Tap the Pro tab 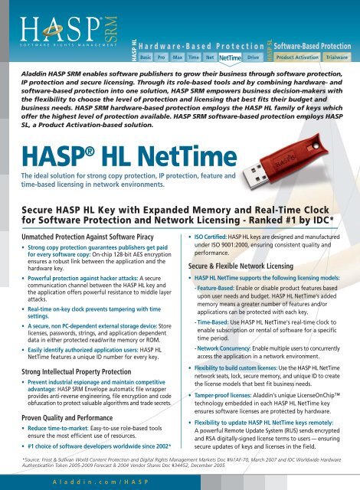click(x=162, y=57)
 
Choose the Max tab click(x=178, y=57)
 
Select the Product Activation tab click(x=297, y=57)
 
